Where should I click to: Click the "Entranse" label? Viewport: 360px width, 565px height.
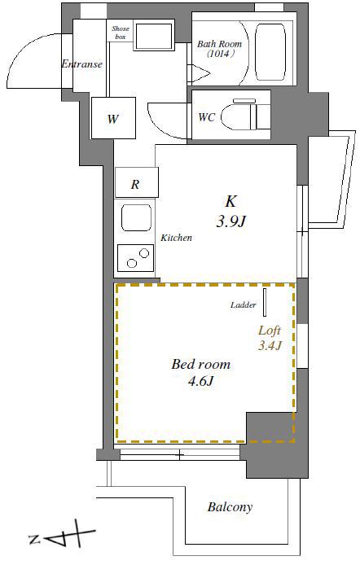click(81, 64)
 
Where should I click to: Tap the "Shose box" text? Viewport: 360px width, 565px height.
click(121, 32)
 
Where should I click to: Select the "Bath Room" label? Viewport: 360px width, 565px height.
click(219, 44)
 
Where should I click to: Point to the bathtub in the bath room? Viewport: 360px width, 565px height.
click(270, 52)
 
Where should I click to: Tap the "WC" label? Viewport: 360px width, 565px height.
click(207, 117)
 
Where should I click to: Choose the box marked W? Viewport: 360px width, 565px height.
click(113, 118)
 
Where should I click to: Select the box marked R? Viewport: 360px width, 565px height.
click(137, 182)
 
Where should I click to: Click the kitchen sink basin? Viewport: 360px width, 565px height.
click(136, 217)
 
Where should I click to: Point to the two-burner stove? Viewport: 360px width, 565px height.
click(135, 258)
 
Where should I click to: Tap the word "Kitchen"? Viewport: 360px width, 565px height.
click(176, 238)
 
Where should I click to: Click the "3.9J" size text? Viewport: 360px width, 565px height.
click(230, 222)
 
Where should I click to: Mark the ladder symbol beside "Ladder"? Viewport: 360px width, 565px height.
click(265, 302)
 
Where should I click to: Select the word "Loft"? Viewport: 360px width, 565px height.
click(270, 331)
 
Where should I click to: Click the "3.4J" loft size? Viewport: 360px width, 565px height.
click(270, 345)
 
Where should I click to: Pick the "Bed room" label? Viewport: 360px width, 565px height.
click(200, 364)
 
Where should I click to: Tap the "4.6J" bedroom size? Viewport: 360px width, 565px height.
click(200, 380)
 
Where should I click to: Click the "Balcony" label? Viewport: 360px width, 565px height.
click(230, 507)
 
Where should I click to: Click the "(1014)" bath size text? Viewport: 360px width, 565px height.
click(220, 55)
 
